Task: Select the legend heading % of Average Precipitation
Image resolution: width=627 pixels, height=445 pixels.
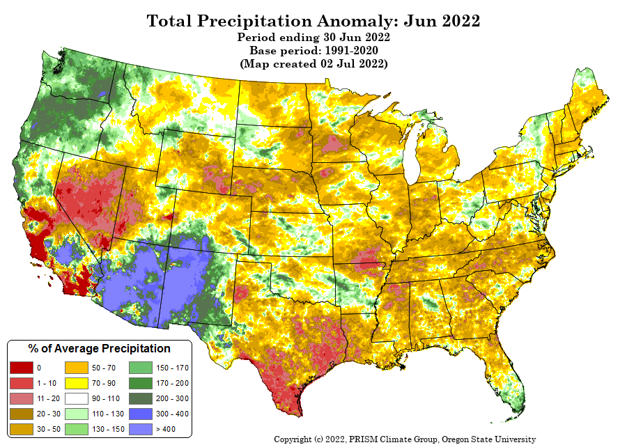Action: tap(99, 348)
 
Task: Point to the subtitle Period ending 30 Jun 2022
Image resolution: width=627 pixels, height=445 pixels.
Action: tap(313, 37)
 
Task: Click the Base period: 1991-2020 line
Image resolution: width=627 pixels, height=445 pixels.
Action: tap(313, 50)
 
